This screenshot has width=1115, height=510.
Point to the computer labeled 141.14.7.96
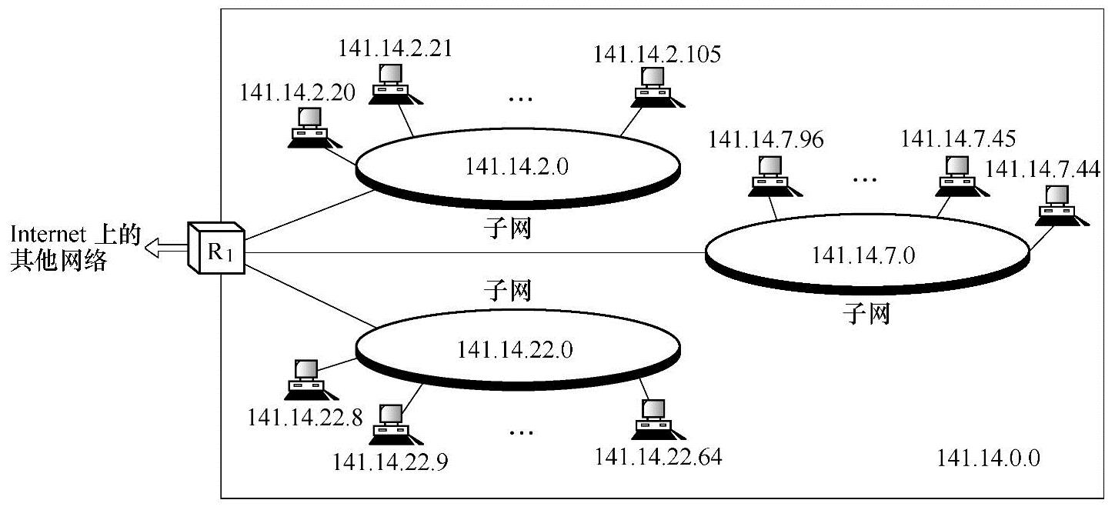click(768, 174)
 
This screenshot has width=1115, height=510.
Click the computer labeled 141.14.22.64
click(653, 418)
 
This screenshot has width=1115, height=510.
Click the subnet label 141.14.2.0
click(516, 165)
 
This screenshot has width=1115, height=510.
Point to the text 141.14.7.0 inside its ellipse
click(863, 255)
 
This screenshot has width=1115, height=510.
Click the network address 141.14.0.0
click(989, 458)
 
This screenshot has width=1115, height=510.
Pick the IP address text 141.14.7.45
click(957, 139)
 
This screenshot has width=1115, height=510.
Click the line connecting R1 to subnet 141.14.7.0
click(477, 252)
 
